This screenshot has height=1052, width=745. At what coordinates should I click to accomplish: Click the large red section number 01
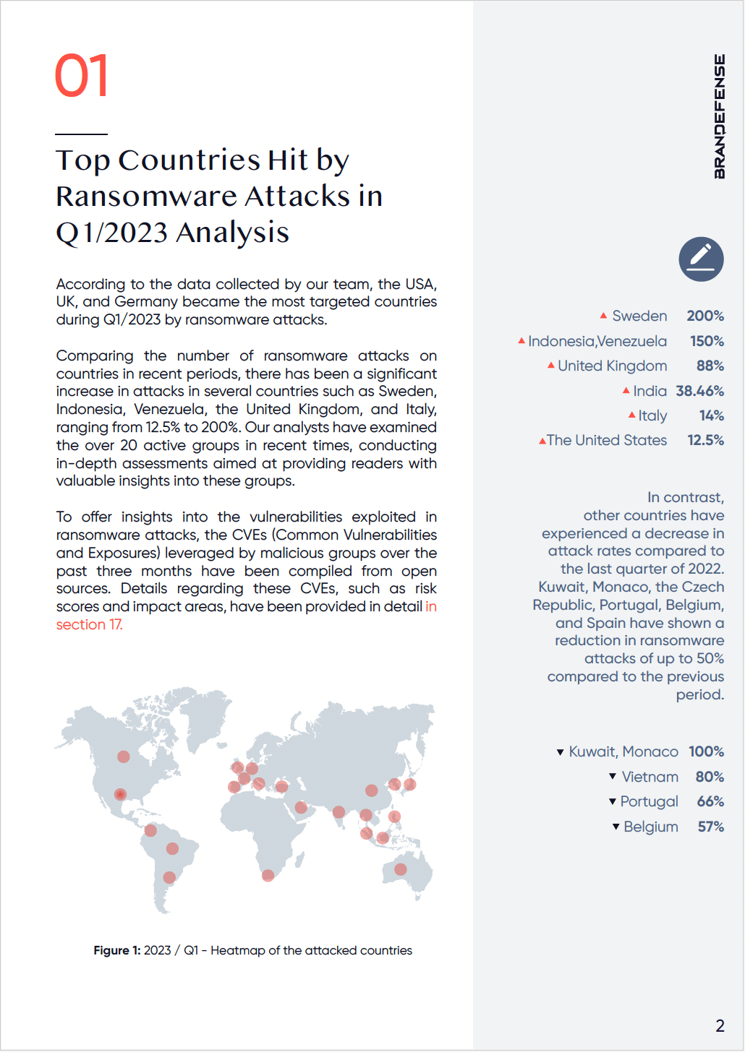[82, 76]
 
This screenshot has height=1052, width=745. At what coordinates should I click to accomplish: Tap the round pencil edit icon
[701, 259]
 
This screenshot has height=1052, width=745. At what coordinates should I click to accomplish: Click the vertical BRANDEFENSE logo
[719, 116]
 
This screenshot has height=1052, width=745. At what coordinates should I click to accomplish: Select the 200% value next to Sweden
[705, 316]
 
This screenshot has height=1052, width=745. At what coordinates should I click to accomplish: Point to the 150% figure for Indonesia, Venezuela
[707, 341]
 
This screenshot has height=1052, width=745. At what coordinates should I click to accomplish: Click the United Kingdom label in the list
[612, 366]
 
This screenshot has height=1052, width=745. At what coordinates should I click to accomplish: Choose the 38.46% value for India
[699, 391]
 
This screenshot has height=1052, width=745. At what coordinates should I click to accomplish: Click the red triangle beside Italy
[631, 415]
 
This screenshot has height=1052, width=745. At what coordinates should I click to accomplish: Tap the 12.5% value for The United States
[705, 440]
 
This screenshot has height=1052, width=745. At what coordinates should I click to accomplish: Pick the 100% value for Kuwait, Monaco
[706, 751]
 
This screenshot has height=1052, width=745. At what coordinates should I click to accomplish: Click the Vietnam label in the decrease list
[650, 777]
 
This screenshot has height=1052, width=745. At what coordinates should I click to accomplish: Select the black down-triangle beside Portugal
[613, 801]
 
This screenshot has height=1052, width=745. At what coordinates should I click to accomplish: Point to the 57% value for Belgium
[710, 827]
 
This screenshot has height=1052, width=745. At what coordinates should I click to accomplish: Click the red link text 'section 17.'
[90, 624]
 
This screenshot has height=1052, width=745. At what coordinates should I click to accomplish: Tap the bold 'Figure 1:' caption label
[117, 950]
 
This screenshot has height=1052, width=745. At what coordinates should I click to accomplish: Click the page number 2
[720, 1025]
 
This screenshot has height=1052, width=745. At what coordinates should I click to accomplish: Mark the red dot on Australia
[401, 869]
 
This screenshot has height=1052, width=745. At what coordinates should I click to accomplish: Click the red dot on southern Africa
[268, 875]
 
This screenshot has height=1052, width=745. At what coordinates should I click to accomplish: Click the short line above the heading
[81, 134]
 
